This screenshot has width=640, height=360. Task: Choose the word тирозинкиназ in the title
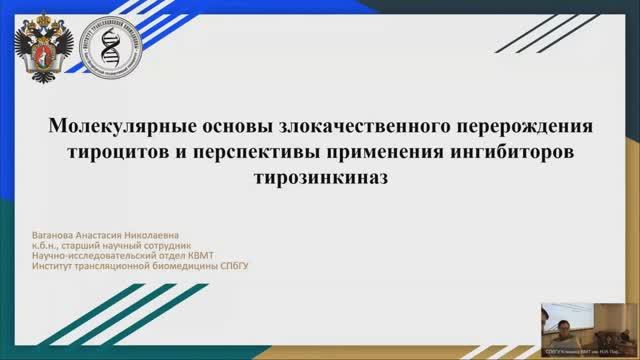[320, 177]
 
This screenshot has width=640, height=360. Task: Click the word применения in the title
[391, 153]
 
